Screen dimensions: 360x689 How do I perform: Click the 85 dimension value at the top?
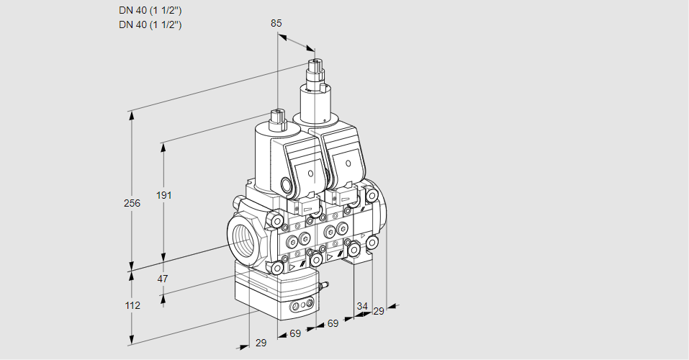(276, 23)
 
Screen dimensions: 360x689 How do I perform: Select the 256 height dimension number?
(132, 204)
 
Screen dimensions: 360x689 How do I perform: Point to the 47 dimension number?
(163, 279)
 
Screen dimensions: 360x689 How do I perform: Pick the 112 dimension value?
(132, 305)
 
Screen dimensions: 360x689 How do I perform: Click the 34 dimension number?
(361, 307)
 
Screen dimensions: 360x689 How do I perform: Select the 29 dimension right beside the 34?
(379, 311)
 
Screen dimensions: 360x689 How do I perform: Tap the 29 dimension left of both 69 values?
(261, 343)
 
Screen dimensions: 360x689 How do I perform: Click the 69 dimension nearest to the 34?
(333, 324)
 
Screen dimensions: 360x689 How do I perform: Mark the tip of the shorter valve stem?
(278, 112)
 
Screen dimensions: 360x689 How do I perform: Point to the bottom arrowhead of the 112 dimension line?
(131, 340)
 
